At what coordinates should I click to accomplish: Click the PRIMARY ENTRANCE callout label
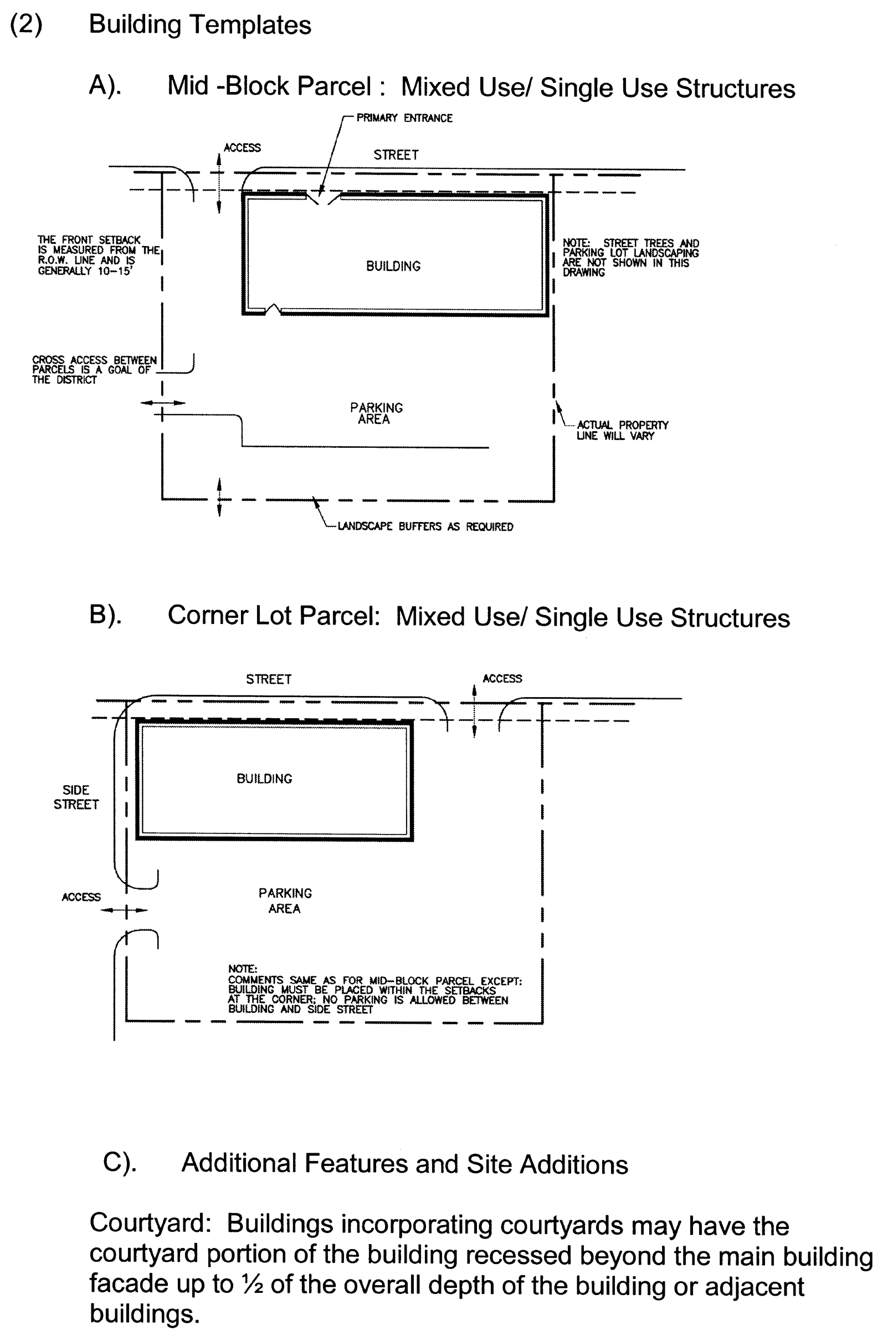(x=404, y=118)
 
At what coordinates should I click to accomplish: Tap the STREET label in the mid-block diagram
(x=396, y=155)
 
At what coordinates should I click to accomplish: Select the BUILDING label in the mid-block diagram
(x=393, y=266)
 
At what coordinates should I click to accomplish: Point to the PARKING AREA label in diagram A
(x=376, y=413)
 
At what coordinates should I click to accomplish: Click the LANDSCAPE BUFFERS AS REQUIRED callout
(x=425, y=527)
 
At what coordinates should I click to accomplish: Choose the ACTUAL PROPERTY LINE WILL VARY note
(x=622, y=431)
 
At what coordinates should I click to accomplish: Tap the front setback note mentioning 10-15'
(x=91, y=255)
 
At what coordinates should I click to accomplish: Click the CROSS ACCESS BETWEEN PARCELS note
(x=94, y=370)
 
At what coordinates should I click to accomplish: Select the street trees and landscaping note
(x=630, y=258)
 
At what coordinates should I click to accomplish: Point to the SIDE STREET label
(x=76, y=797)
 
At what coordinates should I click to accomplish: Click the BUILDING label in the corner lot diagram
(x=264, y=779)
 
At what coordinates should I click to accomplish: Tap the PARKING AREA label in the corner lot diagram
(x=285, y=901)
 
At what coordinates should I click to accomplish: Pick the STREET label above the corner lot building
(x=269, y=679)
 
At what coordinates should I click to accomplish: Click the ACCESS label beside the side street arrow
(x=81, y=897)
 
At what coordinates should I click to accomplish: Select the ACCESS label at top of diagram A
(x=242, y=148)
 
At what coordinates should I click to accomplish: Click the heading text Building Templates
(x=200, y=25)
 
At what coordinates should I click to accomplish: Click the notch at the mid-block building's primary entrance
(x=321, y=199)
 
